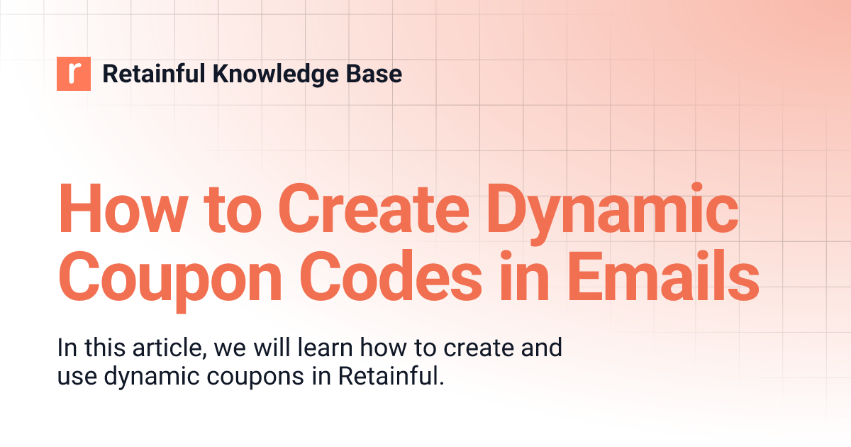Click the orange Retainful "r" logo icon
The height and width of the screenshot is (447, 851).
(74, 74)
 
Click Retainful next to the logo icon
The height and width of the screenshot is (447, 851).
(152, 74)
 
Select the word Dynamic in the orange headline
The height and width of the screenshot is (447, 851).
(610, 211)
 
